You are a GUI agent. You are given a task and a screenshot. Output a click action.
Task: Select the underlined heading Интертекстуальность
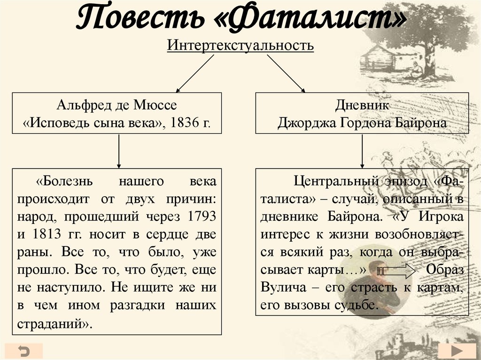240,46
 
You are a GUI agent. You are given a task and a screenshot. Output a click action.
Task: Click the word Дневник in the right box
362,105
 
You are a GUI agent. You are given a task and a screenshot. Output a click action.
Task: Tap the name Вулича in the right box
282,288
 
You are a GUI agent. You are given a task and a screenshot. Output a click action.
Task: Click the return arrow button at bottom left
24,351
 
